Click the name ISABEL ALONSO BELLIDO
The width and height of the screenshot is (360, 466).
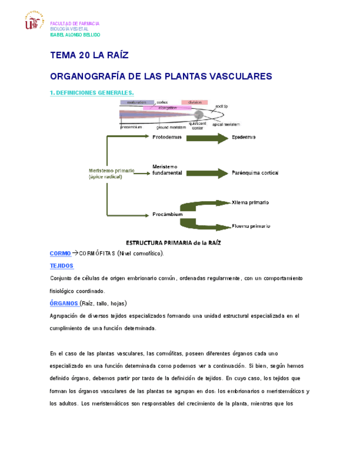click(x=75, y=35)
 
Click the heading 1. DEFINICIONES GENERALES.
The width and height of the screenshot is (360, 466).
click(x=91, y=93)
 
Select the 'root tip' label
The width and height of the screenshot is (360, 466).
click(x=221, y=106)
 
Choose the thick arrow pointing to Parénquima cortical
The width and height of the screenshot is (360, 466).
click(x=207, y=173)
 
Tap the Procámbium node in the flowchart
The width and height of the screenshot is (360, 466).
click(x=167, y=214)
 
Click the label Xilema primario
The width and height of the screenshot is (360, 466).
click(x=250, y=202)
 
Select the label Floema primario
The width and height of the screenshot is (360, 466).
click(x=251, y=226)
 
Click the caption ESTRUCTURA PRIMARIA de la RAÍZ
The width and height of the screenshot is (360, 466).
click(x=173, y=242)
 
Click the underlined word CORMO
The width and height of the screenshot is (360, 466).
click(x=60, y=253)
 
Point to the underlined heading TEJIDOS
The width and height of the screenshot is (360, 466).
click(x=62, y=265)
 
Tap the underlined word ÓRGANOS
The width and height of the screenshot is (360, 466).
click(x=63, y=303)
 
